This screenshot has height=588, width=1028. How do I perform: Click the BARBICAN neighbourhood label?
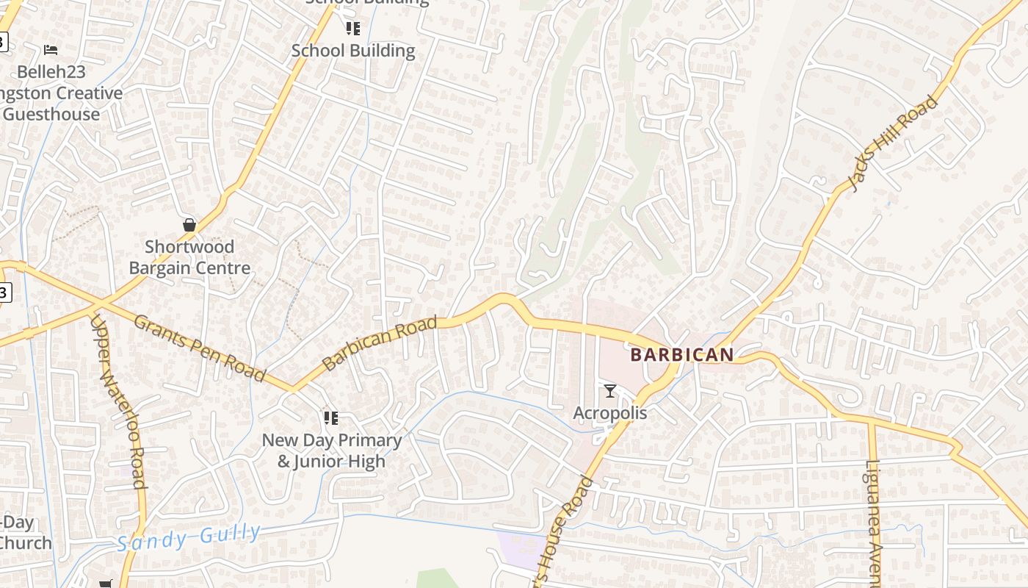tap(681, 355)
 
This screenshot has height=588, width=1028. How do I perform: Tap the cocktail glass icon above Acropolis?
tap(609, 390)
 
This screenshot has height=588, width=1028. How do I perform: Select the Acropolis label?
tap(609, 413)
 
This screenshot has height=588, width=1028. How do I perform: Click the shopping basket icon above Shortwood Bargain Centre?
tap(189, 225)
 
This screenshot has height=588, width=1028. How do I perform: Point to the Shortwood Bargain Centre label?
tap(189, 257)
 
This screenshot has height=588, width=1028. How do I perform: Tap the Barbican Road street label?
tap(380, 343)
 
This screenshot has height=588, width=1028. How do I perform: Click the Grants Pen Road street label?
tap(200, 348)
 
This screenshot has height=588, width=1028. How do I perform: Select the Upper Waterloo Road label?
tap(117, 401)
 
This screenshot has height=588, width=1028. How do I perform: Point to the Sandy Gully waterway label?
tap(189, 537)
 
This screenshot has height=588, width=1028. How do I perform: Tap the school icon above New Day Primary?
tap(331, 418)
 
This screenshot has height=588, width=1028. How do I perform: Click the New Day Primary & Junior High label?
tap(331, 451)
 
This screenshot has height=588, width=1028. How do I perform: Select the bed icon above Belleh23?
tap(51, 50)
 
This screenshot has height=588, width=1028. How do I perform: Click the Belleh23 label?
tap(51, 72)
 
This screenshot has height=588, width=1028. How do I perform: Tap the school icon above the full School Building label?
tap(353, 29)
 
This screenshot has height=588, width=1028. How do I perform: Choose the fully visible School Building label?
tap(353, 51)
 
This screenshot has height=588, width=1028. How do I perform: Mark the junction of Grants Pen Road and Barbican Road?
tap(292, 388)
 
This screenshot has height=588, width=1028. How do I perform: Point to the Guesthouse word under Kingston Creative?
tap(51, 115)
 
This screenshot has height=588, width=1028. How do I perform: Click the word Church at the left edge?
tap(26, 543)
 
